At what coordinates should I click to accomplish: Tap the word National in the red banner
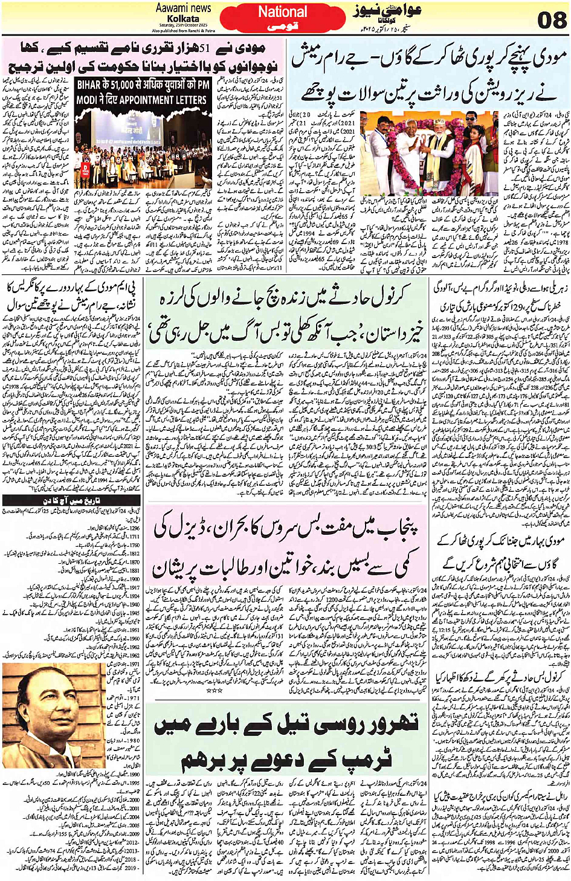(282, 11)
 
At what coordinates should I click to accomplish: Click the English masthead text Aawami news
(183, 8)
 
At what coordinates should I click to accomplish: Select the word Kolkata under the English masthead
(183, 19)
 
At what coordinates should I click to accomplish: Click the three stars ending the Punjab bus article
(215, 689)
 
